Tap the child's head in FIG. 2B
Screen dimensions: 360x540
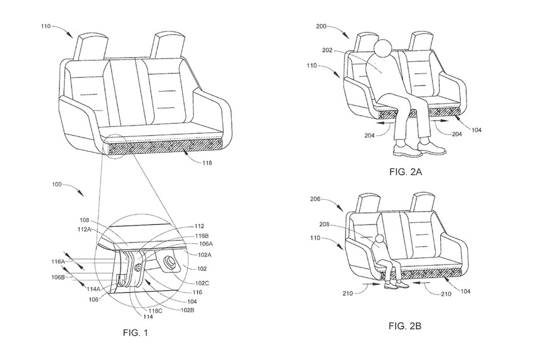point(379,239)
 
